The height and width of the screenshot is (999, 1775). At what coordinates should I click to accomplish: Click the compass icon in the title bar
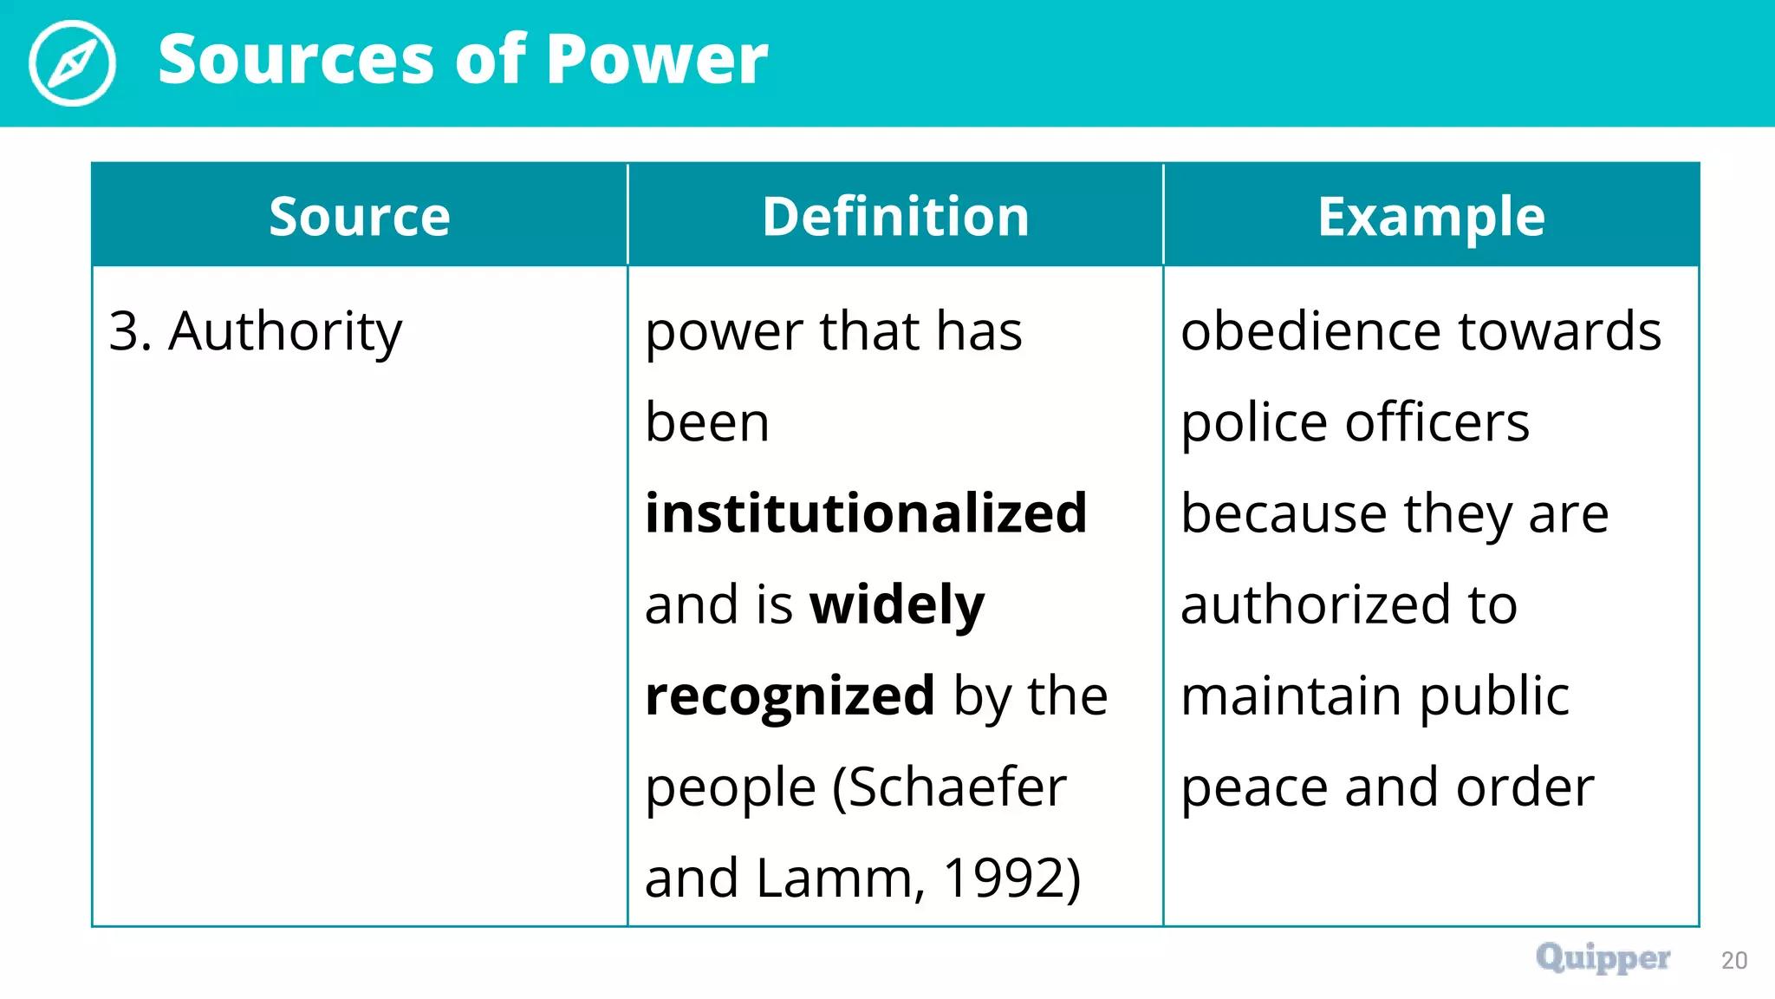point(72,62)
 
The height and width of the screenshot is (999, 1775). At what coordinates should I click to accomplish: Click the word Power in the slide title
point(657,59)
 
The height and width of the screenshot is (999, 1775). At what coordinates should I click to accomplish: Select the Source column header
point(360,216)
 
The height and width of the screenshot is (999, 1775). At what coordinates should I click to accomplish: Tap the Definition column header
point(895,216)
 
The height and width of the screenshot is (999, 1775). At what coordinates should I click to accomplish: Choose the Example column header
point(1431,216)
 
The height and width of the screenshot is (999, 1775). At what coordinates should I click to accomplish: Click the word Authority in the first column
point(285,332)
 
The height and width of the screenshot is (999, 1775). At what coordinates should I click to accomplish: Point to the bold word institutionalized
point(866,513)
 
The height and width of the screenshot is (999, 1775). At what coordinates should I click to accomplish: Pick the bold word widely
point(897,604)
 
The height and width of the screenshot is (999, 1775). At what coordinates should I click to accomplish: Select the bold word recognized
point(790,696)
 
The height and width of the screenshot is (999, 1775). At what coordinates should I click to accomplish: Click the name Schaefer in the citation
point(957,787)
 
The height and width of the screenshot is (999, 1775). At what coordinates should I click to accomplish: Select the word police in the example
point(1254,423)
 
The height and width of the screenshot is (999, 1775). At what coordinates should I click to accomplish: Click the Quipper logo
point(1603,958)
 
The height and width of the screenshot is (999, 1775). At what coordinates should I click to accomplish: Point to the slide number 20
point(1734,960)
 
